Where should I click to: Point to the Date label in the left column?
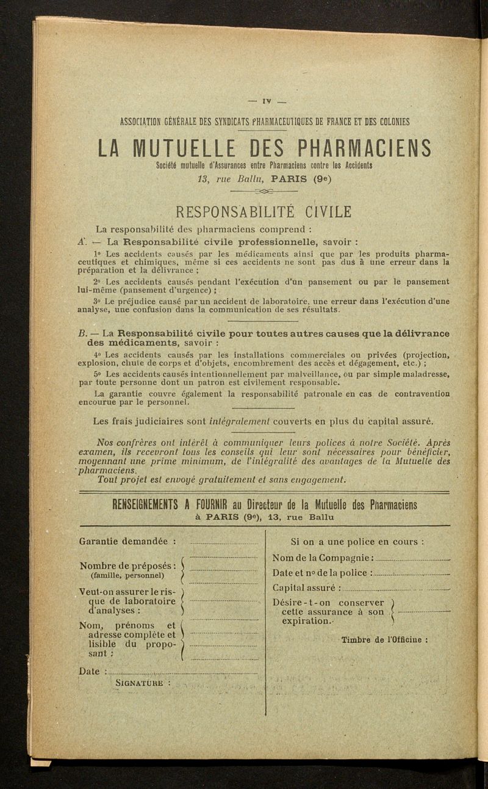tap(90, 672)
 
